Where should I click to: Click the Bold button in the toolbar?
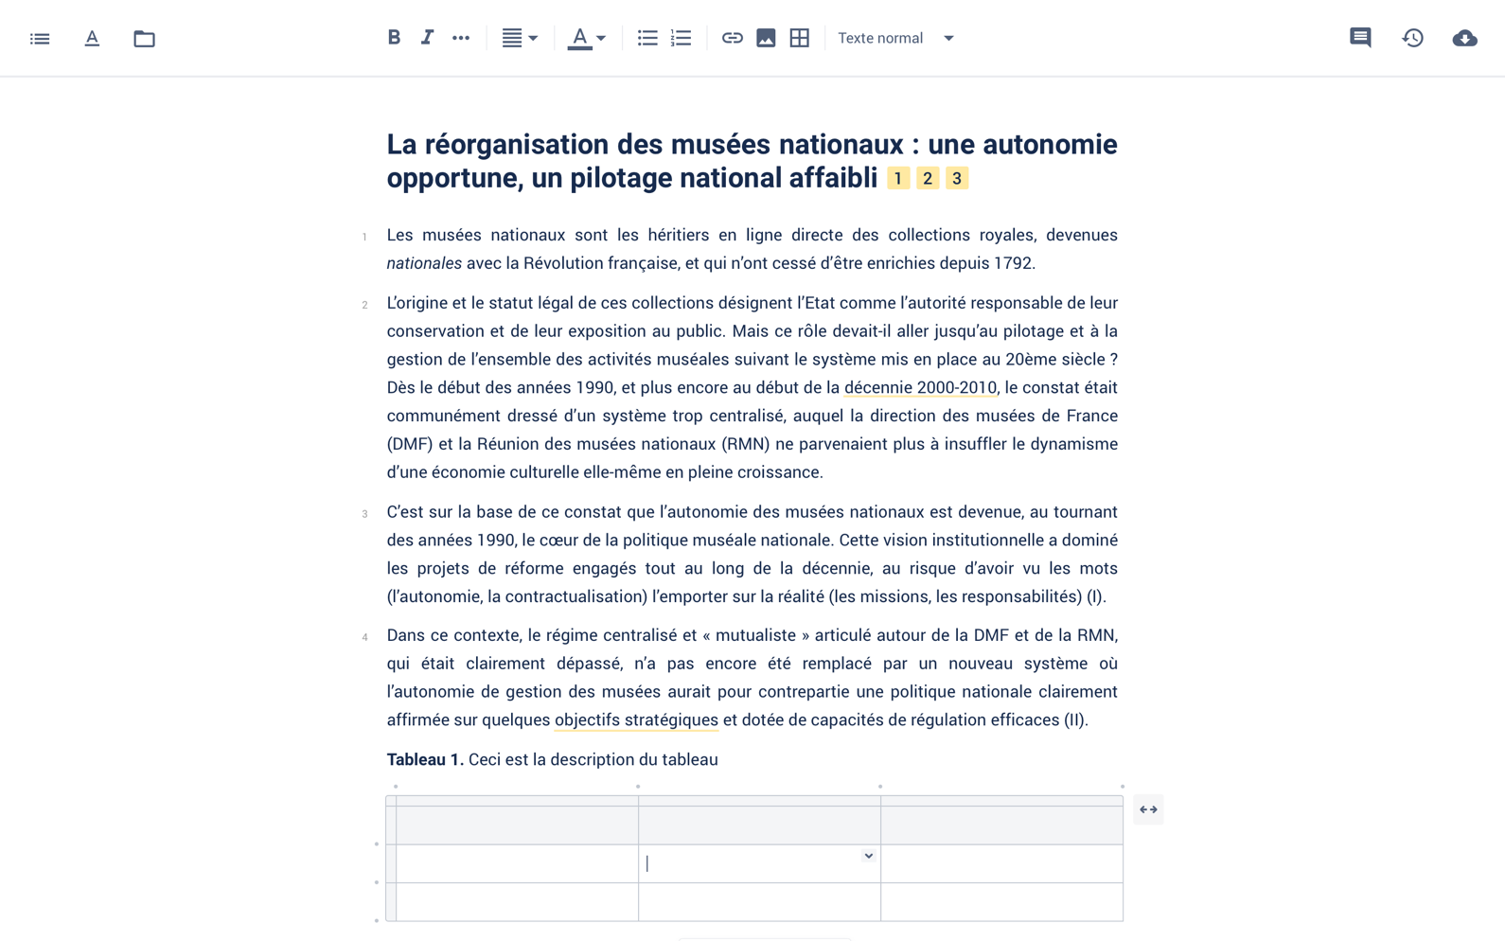(x=394, y=38)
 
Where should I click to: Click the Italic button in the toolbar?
(x=427, y=38)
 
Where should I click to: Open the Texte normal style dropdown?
(x=895, y=38)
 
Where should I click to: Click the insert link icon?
(x=732, y=38)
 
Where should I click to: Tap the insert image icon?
(x=766, y=38)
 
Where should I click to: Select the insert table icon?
(x=800, y=38)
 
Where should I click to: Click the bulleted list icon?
(x=647, y=38)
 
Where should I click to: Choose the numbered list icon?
(x=681, y=38)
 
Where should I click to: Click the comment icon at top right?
(x=1360, y=38)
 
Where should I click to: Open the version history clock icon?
(x=1412, y=38)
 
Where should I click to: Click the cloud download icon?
(x=1464, y=38)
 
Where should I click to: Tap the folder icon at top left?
(x=144, y=39)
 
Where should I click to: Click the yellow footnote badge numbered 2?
(x=928, y=178)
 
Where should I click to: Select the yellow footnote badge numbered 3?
(x=957, y=178)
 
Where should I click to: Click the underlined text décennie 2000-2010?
(x=920, y=387)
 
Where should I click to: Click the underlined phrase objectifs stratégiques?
(x=636, y=719)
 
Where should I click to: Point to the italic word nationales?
(x=424, y=263)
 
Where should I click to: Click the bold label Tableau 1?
(x=424, y=759)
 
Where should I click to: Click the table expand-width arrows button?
(x=1148, y=809)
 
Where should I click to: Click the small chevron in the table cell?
(x=868, y=856)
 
